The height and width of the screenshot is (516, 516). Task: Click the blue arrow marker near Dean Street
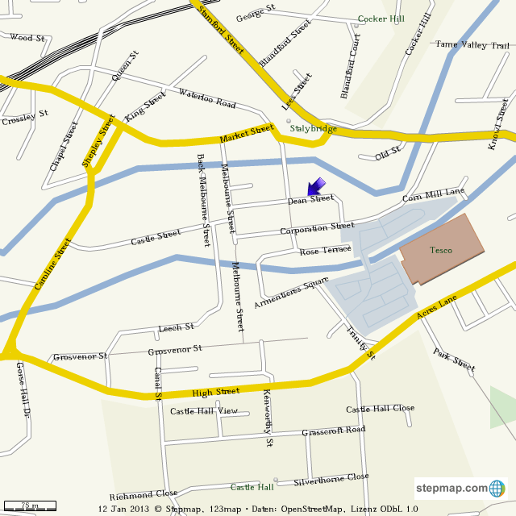click(316, 186)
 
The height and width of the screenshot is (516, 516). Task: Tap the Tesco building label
click(441, 250)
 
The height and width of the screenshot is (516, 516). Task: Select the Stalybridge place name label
click(313, 128)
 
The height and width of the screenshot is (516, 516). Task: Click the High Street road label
click(216, 392)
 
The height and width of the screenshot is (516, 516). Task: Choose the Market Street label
click(248, 134)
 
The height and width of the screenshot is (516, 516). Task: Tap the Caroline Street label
click(53, 264)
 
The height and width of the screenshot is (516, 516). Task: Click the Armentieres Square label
click(291, 293)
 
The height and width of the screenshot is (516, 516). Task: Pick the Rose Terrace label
click(326, 251)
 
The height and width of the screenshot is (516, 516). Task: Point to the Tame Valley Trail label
click(472, 45)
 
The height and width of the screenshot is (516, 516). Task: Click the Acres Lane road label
click(437, 309)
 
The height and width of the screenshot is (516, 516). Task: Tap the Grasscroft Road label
click(333, 431)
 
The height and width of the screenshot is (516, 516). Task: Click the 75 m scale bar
click(29, 506)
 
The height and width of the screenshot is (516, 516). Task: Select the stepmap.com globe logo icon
click(497, 488)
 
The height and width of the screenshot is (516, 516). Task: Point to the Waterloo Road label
click(207, 98)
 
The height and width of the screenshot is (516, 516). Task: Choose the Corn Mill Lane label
click(434, 194)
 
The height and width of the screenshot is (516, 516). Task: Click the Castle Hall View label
click(204, 411)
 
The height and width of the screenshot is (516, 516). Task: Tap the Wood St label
click(27, 38)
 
